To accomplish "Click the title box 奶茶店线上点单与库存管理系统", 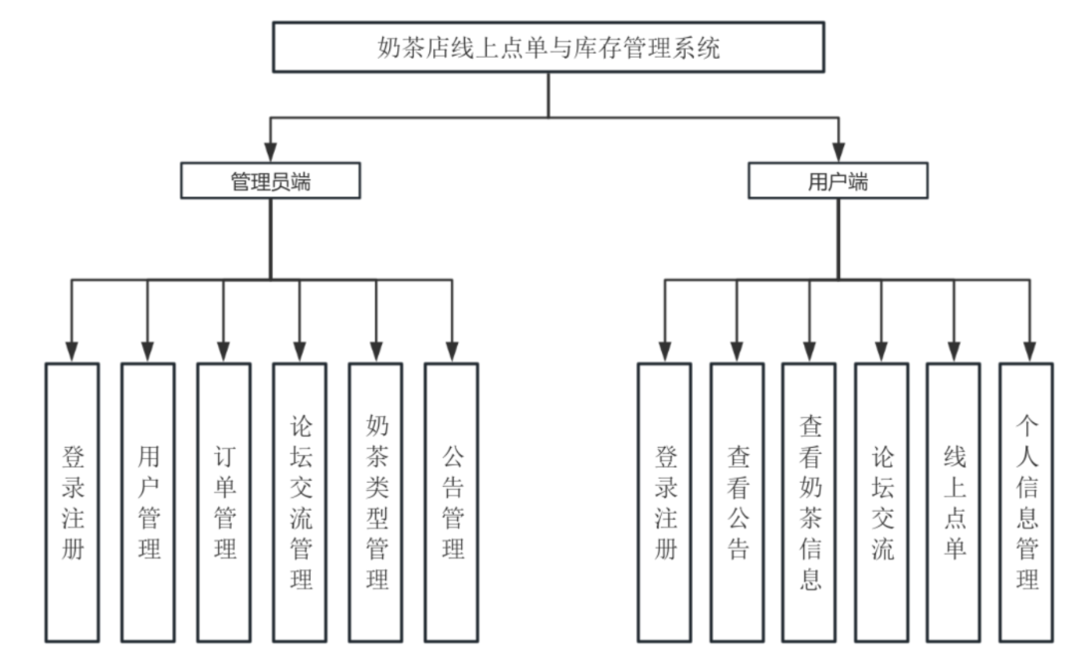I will pyautogui.click(x=548, y=48).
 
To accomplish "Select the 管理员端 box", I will pyautogui.click(x=270, y=182).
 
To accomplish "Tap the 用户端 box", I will pyautogui.click(x=838, y=182).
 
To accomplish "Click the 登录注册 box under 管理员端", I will pyautogui.click(x=73, y=502).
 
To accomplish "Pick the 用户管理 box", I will pyautogui.click(x=148, y=502).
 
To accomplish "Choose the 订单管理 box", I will pyautogui.click(x=224, y=502).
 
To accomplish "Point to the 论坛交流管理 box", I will pyautogui.click(x=300, y=502).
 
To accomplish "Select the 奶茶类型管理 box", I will pyautogui.click(x=375, y=502).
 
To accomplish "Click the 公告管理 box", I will pyautogui.click(x=451, y=502).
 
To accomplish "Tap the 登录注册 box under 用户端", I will pyautogui.click(x=665, y=502).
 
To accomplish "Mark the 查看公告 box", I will pyautogui.click(x=737, y=502).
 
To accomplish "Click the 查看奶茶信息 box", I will pyautogui.click(x=808, y=502).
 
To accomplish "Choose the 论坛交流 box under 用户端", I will pyautogui.click(x=882, y=502).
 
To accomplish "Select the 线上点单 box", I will pyautogui.click(x=954, y=502).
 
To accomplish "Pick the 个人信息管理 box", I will pyautogui.click(x=1026, y=502).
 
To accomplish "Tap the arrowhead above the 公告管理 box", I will pyautogui.click(x=451, y=351).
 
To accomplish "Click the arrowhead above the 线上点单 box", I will pyautogui.click(x=954, y=351).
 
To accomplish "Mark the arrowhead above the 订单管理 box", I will pyautogui.click(x=224, y=351).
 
